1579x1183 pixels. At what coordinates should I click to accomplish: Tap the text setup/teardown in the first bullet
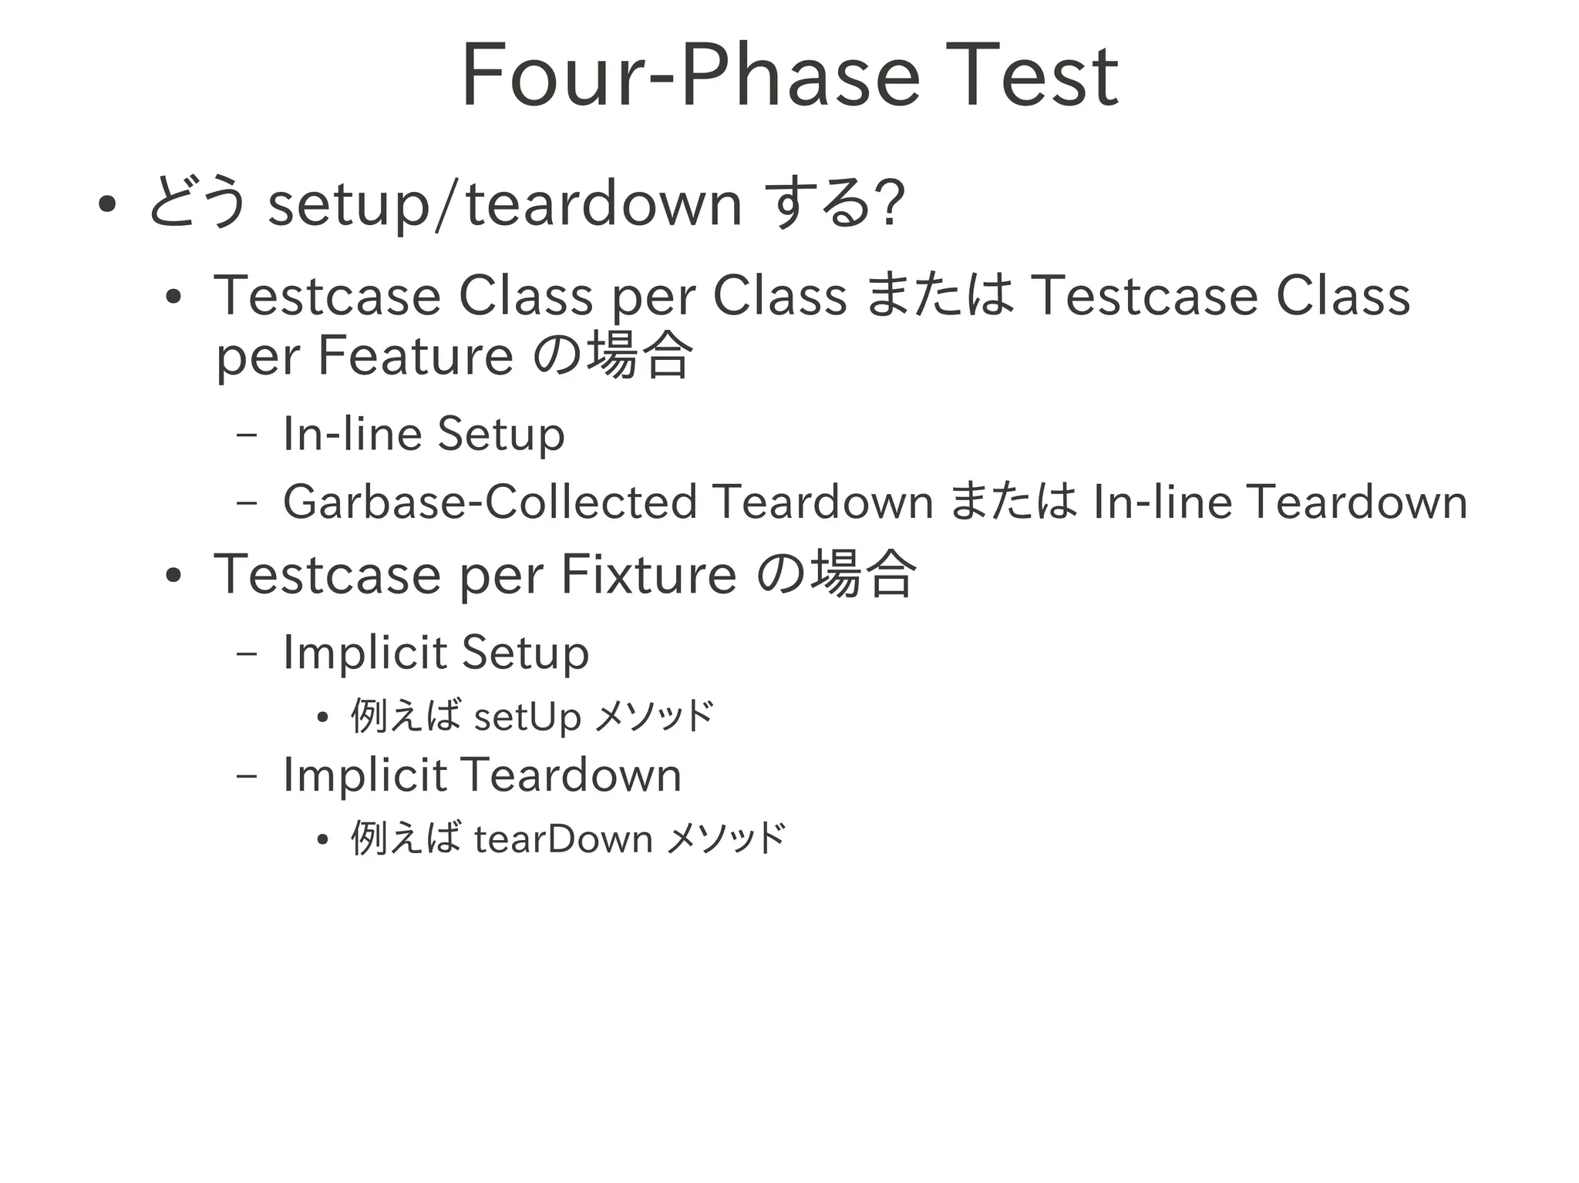pos(504,204)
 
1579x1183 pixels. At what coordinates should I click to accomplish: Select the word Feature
pos(416,356)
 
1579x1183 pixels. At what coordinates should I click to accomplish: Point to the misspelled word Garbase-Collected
pos(490,502)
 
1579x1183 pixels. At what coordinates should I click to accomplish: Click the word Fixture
pos(648,574)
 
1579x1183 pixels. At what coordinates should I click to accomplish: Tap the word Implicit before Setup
pos(365,653)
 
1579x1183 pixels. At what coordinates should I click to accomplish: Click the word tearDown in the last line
pos(564,839)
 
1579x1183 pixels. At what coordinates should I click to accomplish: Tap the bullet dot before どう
pos(107,205)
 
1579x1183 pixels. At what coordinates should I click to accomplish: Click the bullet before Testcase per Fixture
pos(173,576)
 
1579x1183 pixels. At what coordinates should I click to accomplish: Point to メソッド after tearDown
pos(726,839)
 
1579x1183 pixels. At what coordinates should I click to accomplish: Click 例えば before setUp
pos(406,716)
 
